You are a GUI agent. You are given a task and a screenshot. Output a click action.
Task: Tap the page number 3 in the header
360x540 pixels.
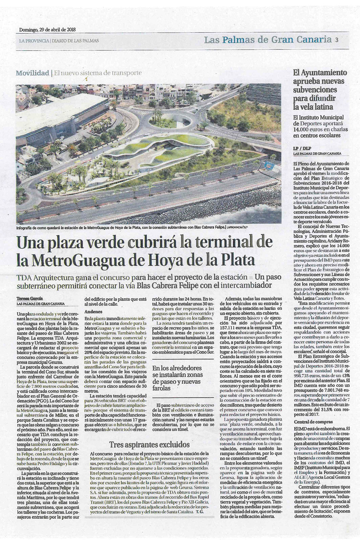click(336, 40)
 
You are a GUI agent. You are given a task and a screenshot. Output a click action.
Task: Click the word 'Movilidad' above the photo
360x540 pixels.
click(32, 73)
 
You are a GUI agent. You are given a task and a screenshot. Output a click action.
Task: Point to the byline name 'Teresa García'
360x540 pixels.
click(30, 298)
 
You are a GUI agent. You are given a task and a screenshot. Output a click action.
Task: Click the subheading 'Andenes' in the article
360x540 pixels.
click(93, 312)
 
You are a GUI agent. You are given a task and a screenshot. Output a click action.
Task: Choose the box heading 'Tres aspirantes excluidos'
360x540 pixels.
click(149, 444)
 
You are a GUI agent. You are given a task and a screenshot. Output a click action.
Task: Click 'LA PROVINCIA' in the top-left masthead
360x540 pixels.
click(34, 41)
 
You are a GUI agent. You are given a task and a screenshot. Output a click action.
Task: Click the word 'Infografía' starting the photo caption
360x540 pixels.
click(26, 227)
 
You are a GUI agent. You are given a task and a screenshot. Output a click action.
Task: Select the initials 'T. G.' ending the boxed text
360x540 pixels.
click(200, 511)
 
